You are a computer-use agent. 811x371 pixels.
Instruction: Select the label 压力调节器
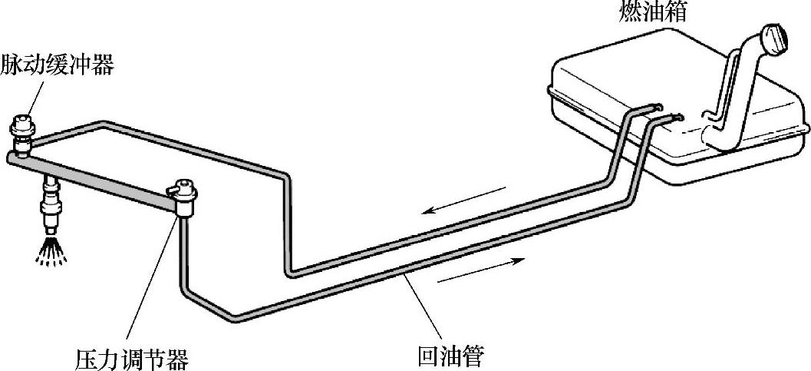[x=132, y=358]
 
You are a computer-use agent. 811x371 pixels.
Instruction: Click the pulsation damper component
[x=22, y=131]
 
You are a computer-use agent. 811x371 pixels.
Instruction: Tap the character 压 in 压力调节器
[x=87, y=358]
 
